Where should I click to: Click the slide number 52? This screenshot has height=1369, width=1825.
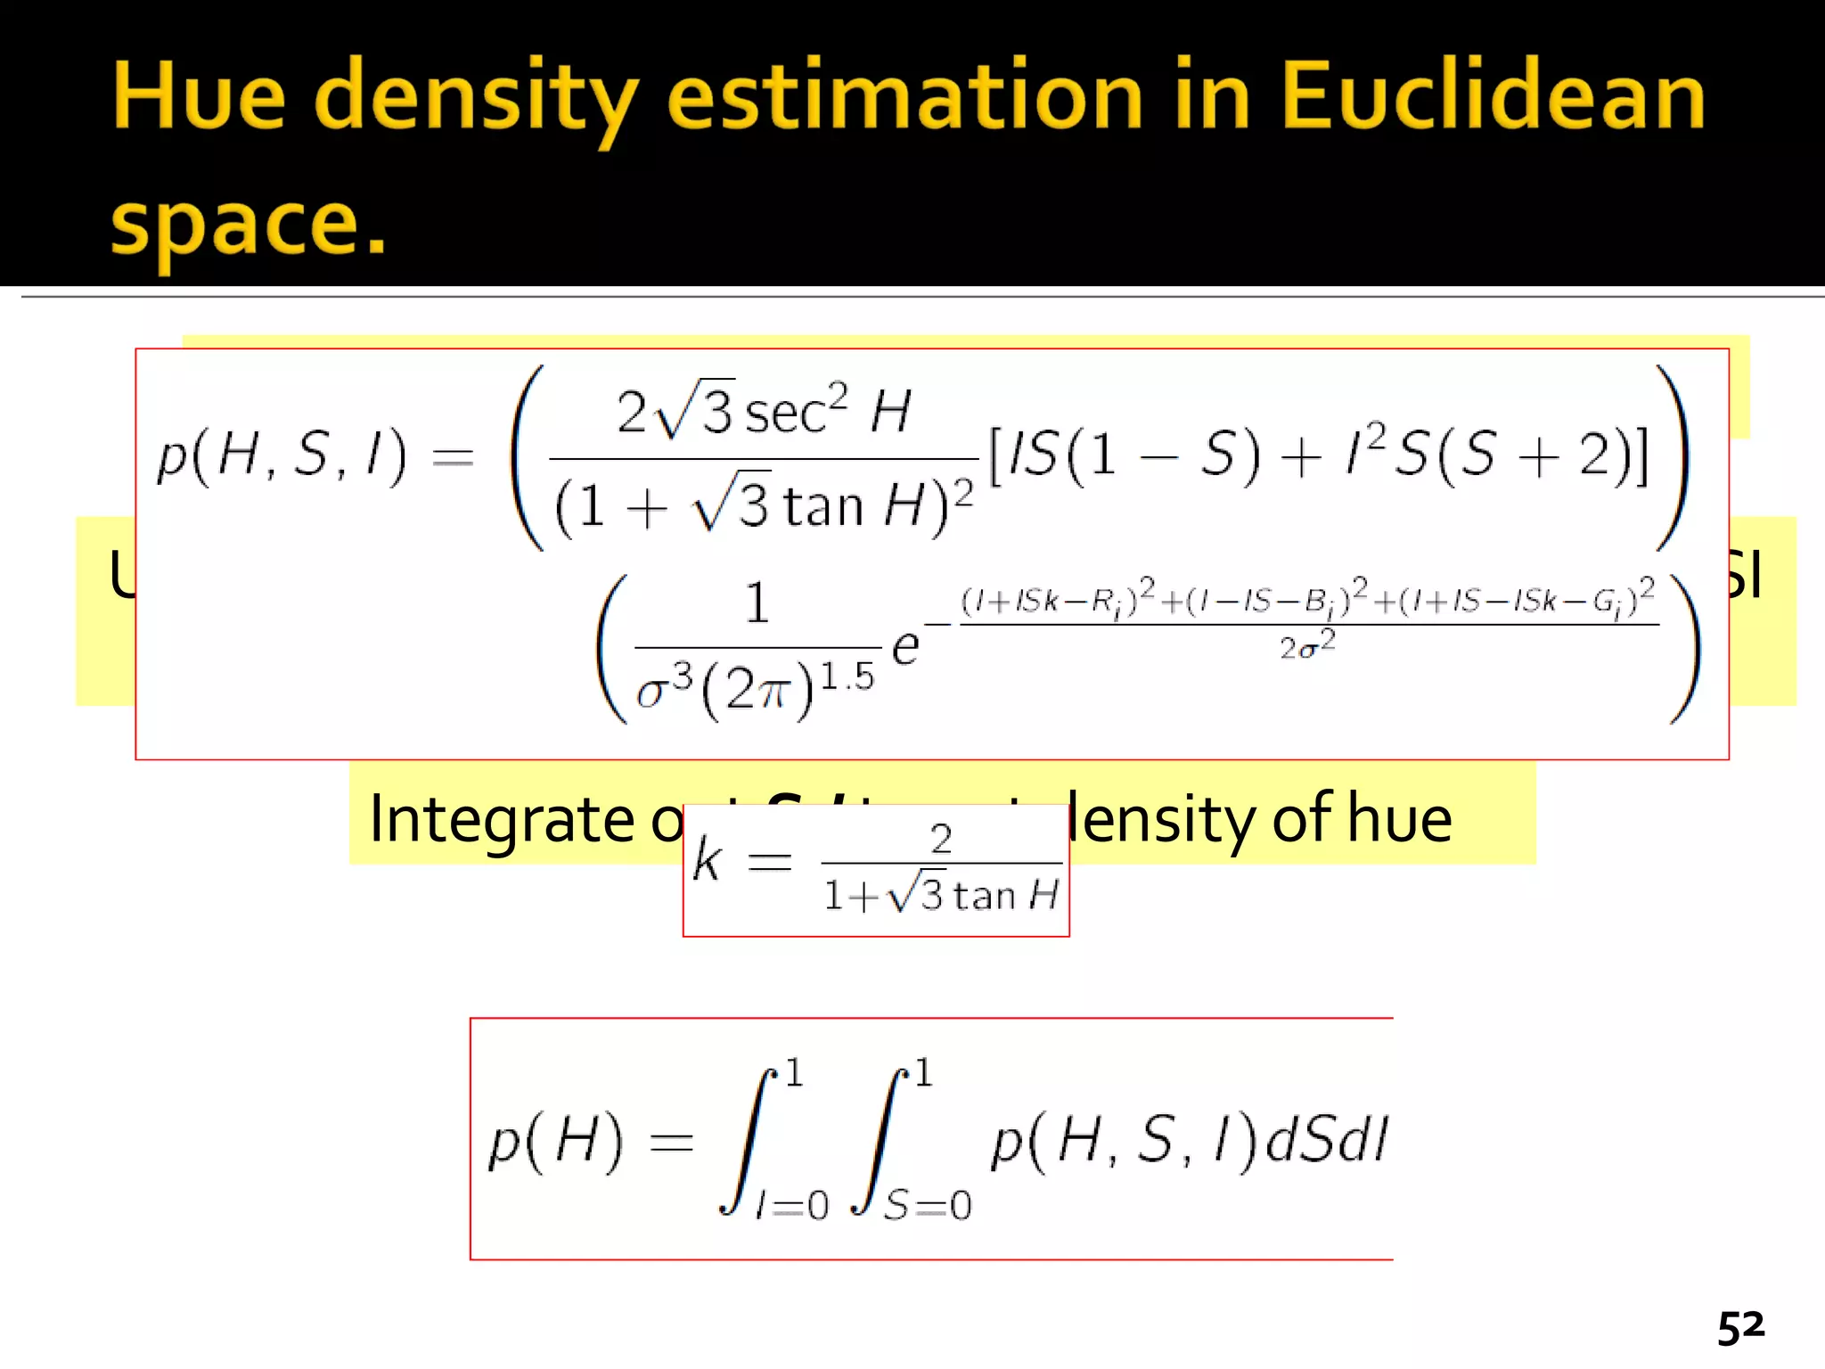click(1740, 1328)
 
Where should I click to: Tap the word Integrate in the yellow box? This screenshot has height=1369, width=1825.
click(500, 818)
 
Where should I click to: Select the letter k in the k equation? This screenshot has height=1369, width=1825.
click(707, 861)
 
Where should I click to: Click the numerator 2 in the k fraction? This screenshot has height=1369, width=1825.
click(941, 839)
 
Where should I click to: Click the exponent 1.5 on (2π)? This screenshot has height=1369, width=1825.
click(847, 676)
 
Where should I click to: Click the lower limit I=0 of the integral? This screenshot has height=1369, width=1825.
click(792, 1205)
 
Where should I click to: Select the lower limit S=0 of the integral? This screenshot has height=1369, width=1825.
click(928, 1205)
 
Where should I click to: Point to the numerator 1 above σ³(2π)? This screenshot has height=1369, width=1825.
click(757, 603)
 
